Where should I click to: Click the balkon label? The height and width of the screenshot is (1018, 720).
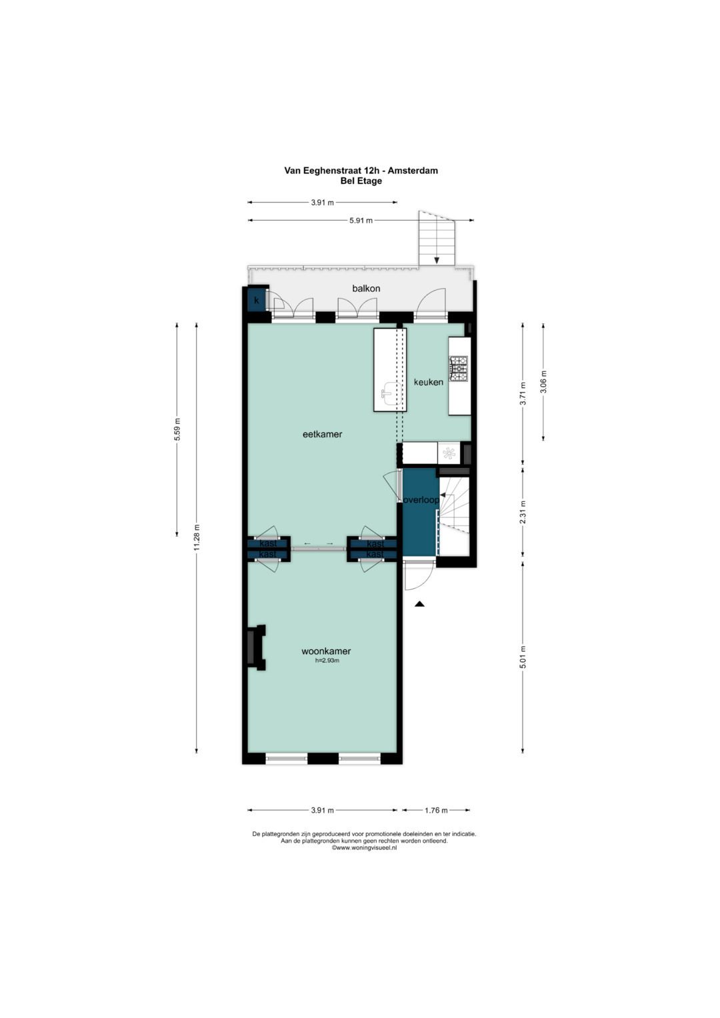366,288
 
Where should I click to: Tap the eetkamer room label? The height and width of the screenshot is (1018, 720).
322,434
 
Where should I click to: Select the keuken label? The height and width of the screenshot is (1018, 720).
428,382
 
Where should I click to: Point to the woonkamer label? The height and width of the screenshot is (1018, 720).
326,651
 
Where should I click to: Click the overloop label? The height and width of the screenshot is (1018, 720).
421,500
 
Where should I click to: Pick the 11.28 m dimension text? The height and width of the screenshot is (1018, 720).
197,537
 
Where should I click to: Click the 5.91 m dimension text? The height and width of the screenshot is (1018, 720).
361,221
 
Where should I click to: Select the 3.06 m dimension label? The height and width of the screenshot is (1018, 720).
543,382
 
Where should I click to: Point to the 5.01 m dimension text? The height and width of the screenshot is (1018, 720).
523,657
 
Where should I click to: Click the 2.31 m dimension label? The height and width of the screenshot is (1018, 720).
523,512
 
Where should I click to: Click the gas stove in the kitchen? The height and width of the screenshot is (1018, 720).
459,369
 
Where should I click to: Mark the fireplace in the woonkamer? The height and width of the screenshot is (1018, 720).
255,647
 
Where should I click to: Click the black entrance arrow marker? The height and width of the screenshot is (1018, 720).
419,603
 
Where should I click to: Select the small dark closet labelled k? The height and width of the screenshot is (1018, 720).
256,300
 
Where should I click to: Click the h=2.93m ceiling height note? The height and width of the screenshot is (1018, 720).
327,661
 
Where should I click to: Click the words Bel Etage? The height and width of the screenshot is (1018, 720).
361,181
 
